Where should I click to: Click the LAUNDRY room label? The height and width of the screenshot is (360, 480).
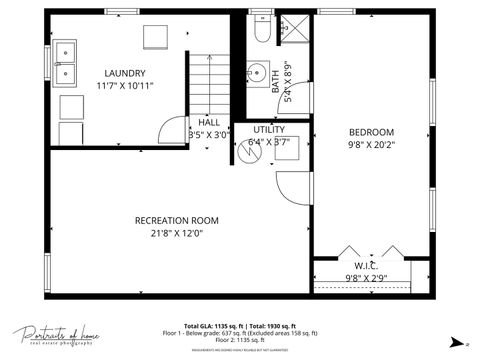pyautogui.click(x=125, y=73)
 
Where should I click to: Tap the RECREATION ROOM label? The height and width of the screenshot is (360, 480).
pyautogui.click(x=177, y=220)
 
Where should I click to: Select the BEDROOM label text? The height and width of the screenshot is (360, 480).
pyautogui.click(x=371, y=132)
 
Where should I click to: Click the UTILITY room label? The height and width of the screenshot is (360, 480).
pyautogui.click(x=268, y=129)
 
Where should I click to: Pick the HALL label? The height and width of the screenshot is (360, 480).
pyautogui.click(x=208, y=122)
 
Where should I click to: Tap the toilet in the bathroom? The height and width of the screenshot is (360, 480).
pyautogui.click(x=261, y=32)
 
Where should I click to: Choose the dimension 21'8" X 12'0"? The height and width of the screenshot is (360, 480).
pyautogui.click(x=177, y=234)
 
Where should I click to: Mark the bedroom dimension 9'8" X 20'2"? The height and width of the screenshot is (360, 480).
pyautogui.click(x=371, y=145)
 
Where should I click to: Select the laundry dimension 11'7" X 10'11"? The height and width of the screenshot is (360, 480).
pyautogui.click(x=125, y=86)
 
